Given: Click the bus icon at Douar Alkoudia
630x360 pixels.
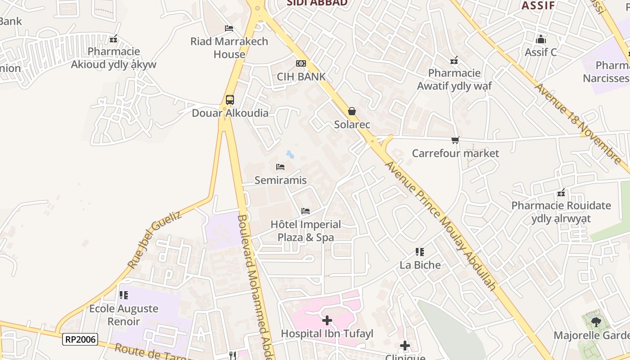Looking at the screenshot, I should (229, 100).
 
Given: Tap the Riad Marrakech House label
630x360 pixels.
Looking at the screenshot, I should (229, 48).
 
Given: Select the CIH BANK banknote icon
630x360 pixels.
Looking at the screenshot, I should (301, 63).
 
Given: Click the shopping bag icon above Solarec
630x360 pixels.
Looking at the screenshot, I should (352, 111).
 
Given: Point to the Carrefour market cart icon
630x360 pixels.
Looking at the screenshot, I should (455, 140).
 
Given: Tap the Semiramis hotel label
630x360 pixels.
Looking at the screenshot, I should (280, 180).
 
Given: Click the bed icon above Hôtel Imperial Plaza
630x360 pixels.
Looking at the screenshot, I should (306, 211).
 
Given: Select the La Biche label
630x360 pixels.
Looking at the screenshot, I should (420, 265).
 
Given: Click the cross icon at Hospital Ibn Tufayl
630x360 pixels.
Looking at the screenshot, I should (327, 320).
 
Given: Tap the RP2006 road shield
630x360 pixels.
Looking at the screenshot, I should (81, 339).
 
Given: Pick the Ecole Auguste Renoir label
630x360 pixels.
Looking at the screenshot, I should (124, 315).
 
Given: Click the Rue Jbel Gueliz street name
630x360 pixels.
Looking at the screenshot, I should (155, 240).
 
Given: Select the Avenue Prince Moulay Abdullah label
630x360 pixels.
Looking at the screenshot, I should (441, 225).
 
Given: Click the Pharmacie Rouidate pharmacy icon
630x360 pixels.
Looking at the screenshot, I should (561, 193).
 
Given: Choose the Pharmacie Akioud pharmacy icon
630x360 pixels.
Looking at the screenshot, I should (113, 39).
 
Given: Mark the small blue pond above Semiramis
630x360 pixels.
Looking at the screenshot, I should (290, 155).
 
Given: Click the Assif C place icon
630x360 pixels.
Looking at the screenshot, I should (540, 40).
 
